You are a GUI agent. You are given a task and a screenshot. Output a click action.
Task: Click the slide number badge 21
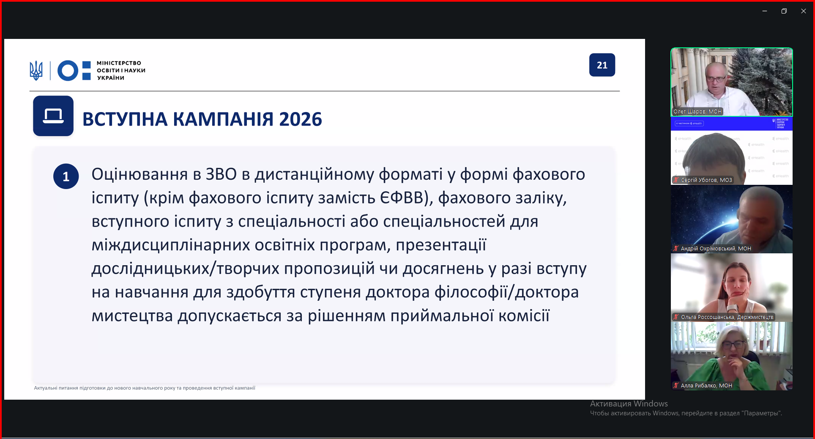click(602, 65)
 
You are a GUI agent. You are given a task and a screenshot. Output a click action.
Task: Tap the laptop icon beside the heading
click(53, 116)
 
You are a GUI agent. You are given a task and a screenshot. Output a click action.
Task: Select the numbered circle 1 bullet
click(66, 176)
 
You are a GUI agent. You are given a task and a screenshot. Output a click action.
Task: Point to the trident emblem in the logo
click(36, 70)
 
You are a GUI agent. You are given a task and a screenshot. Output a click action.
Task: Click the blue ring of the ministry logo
click(68, 71)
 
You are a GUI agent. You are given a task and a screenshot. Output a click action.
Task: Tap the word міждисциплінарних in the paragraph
click(171, 245)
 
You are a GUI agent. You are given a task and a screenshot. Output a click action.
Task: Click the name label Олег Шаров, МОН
click(697, 112)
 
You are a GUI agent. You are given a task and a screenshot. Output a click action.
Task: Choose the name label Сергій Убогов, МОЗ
click(706, 180)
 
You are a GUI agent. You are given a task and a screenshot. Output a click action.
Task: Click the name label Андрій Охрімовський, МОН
click(716, 249)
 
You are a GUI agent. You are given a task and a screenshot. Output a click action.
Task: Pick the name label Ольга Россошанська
click(727, 317)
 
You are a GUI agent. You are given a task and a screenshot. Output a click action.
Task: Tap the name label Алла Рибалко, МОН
click(706, 386)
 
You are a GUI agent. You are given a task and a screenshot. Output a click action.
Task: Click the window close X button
click(804, 11)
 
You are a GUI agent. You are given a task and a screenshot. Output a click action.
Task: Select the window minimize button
click(765, 11)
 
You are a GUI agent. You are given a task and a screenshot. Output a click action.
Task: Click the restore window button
click(784, 11)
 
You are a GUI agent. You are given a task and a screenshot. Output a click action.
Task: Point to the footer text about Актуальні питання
click(145, 388)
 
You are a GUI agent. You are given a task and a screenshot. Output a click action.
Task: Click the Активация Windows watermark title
click(629, 404)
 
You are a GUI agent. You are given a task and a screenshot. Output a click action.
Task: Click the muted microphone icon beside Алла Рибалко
click(676, 385)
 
